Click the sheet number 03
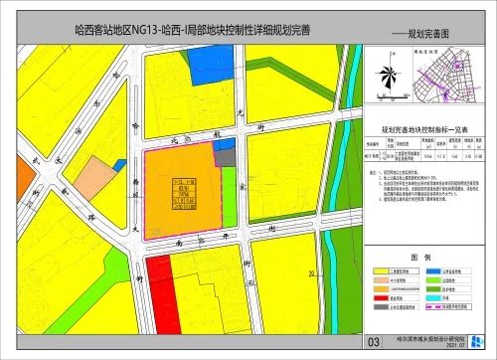point(374,341)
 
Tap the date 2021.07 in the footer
point(430,348)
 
